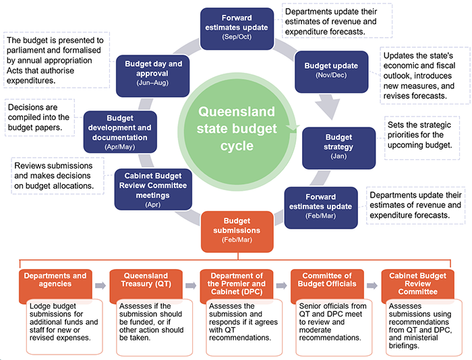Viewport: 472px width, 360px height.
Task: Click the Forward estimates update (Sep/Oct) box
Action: click(x=236, y=25)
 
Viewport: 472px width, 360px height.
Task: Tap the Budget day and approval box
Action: click(x=153, y=71)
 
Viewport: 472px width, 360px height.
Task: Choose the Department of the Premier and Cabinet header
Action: click(x=236, y=284)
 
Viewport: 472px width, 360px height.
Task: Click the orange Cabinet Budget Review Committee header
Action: click(x=417, y=284)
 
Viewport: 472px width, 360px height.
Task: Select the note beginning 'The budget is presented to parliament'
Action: click(x=54, y=61)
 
